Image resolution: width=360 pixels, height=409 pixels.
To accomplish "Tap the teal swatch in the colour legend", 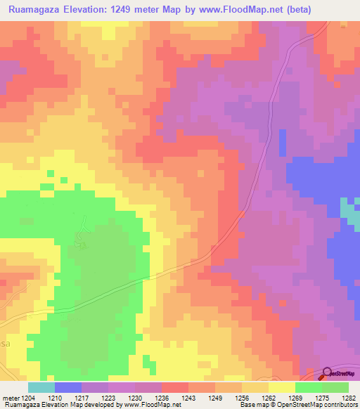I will point(41,387).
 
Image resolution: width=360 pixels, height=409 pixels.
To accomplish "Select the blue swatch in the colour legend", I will point(67,387).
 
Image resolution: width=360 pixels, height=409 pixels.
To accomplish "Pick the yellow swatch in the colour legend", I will point(281,387).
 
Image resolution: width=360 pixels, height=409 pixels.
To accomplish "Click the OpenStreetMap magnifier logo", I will point(328,373).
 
